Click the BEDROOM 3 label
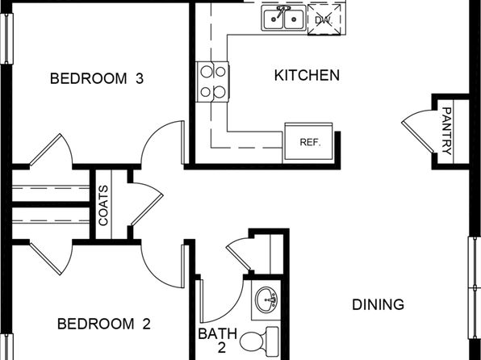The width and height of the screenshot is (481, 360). (97, 78)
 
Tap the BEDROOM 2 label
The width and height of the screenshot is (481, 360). (103, 324)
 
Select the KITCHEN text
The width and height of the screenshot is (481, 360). (307, 76)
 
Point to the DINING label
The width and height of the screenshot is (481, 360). (378, 304)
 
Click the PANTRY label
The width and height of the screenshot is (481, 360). (446, 131)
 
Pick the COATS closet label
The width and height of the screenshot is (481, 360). (103, 205)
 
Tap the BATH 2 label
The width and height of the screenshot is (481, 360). (217, 340)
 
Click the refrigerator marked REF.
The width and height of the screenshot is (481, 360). (308, 141)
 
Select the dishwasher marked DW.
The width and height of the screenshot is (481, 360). (324, 19)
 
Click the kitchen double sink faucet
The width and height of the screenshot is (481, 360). (282, 11)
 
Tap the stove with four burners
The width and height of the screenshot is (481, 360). (212, 82)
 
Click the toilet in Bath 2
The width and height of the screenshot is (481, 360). (259, 339)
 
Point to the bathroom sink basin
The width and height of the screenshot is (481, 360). (266, 299)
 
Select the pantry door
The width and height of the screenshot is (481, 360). (418, 132)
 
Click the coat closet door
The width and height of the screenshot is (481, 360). (147, 204)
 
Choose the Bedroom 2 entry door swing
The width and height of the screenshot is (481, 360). (162, 266)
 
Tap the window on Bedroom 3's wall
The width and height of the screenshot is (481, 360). (6, 39)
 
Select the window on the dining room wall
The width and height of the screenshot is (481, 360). (475, 287)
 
